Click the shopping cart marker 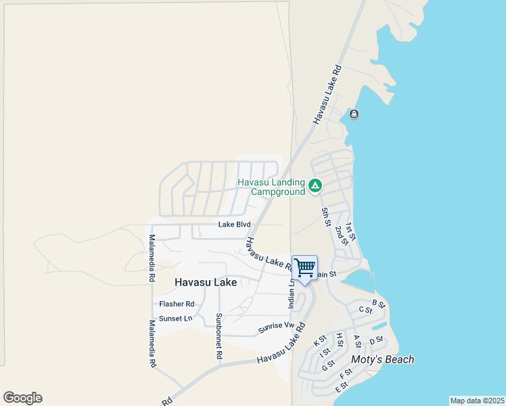[x=304, y=268]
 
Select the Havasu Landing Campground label [x=271, y=187]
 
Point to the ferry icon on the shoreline [x=354, y=114]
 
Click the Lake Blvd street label [x=234, y=225]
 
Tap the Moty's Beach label [x=382, y=359]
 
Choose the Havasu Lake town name [x=206, y=281]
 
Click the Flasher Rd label [x=177, y=304]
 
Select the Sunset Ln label [x=175, y=318]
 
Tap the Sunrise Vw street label [x=277, y=329]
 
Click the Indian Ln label [x=292, y=293]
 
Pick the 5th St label [x=326, y=217]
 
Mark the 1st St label [x=350, y=231]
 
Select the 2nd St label [x=341, y=236]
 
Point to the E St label [x=340, y=388]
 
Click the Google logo [x=22, y=398]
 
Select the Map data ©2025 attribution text [x=477, y=401]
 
